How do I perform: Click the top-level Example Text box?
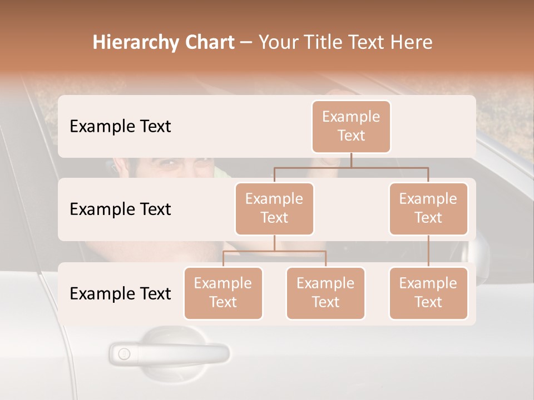[351, 126]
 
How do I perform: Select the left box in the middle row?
[274, 208]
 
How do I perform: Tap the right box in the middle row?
[428, 208]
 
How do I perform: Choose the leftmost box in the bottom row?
[223, 293]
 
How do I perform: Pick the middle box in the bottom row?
[325, 293]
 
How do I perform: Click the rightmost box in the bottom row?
[428, 293]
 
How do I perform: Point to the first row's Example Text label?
[120, 126]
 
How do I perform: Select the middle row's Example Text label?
[120, 209]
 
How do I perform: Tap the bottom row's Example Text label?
[120, 293]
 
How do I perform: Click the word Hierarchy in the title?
[135, 43]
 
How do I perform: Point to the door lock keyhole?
[124, 353]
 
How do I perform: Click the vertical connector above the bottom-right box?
[428, 251]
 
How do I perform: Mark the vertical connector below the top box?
[351, 160]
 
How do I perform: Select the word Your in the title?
[280, 42]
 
